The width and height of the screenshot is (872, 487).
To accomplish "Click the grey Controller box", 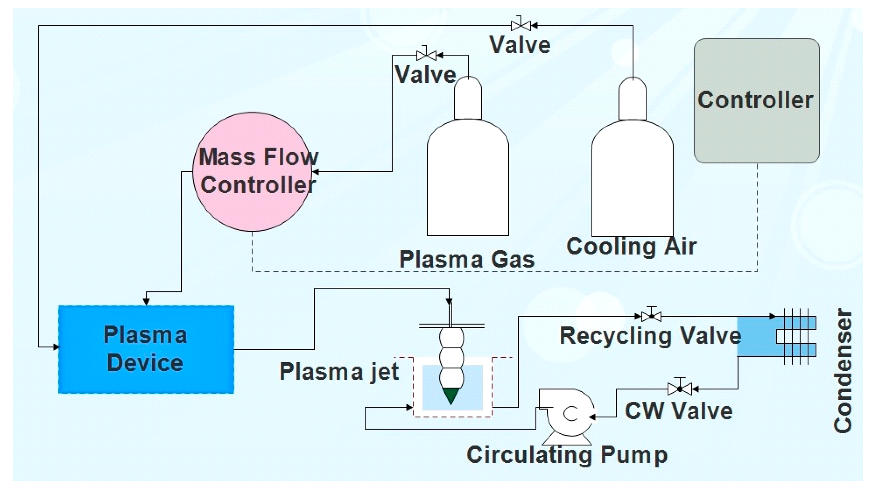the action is click(757, 101).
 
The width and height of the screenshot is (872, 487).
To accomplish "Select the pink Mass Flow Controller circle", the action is click(252, 172).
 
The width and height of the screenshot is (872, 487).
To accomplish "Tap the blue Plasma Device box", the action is click(146, 349).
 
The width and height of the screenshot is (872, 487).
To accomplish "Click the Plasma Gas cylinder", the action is click(468, 156).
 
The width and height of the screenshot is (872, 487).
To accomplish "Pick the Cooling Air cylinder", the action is click(632, 157).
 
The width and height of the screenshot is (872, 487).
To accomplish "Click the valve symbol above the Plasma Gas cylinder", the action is click(426, 54).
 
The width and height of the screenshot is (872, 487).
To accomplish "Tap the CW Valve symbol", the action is click(680, 389).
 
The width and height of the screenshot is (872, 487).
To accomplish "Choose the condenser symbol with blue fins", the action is click(777, 336).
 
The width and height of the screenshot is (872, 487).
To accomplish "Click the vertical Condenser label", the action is click(843, 371).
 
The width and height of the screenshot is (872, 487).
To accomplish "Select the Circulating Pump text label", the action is click(567, 455).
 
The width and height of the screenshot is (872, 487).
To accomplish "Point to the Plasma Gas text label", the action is click(467, 260).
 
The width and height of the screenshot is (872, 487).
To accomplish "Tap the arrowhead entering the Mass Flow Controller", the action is click(315, 172).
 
